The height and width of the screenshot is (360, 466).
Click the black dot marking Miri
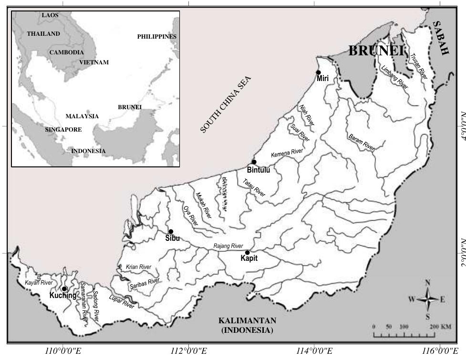tap(318, 72)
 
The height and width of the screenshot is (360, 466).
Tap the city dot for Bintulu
tap(254, 162)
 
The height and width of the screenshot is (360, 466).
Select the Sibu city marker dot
tap(171, 232)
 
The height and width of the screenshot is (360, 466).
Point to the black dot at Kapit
tap(247, 253)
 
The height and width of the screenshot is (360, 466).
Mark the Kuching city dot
tap(64, 289)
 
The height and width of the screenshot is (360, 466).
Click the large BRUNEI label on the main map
tap(376, 51)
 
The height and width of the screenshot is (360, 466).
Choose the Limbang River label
tap(395, 78)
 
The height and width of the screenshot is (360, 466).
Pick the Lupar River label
tap(123, 302)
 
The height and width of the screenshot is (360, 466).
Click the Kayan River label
tap(39, 283)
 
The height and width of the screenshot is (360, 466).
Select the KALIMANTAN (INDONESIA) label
tap(247, 325)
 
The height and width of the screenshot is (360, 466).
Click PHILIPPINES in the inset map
tap(156, 37)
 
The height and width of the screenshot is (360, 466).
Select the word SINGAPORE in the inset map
tap(63, 130)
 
